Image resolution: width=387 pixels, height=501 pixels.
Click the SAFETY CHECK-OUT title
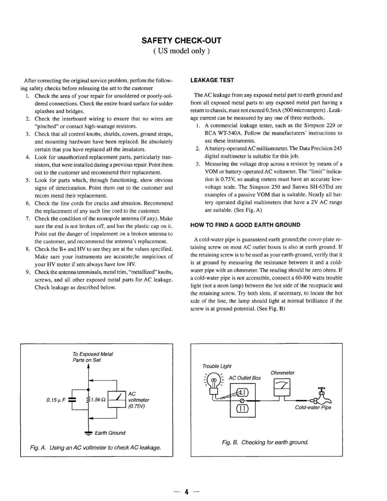[x=181, y=40]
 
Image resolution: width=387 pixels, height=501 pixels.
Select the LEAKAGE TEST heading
[x=212, y=80]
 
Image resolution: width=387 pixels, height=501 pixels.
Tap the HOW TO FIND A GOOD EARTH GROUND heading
[x=245, y=225]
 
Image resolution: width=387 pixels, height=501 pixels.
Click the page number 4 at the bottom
[x=187, y=492]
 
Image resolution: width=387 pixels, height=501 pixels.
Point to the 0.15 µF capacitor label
[x=56, y=400]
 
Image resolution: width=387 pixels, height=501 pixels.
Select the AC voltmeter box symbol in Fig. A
[x=117, y=400]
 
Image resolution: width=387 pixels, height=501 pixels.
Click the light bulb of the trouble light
[x=214, y=380]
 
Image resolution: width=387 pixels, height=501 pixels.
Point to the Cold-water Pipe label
[x=313, y=407]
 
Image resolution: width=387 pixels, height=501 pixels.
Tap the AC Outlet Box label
[x=245, y=378]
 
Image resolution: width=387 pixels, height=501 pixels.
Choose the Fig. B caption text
[x=265, y=442]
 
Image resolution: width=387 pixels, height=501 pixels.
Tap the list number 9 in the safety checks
[x=28, y=272]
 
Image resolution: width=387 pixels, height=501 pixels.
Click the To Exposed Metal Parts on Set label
[x=93, y=357]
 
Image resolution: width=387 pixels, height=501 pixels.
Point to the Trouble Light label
[x=217, y=366]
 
